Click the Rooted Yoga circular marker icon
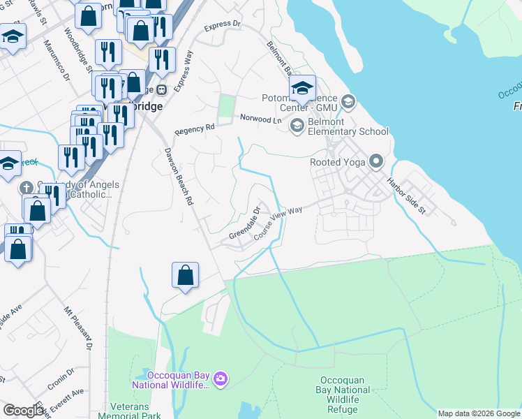click(376, 162)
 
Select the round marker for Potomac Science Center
click(349, 103)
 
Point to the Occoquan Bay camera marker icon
click(221, 379)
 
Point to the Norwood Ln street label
click(266, 120)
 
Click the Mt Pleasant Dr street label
click(78, 328)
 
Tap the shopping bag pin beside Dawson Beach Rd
click(186, 275)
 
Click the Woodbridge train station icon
click(162, 89)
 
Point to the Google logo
click(23, 411)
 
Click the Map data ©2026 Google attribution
click(479, 413)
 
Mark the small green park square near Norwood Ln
click(225, 106)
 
